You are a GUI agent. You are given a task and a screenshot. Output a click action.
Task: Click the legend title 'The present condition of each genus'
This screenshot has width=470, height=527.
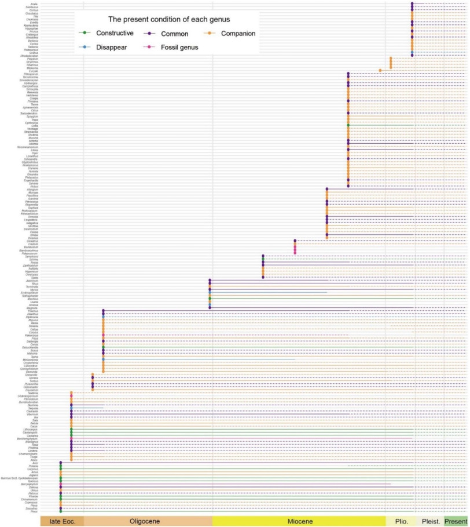pos(165,20)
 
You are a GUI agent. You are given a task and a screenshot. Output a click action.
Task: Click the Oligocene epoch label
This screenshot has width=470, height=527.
pos(148,521)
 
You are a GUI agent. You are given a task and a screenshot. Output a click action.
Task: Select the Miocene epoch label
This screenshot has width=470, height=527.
pos(299,521)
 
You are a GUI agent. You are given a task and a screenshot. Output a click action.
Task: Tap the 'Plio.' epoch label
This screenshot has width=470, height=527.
pos(402,521)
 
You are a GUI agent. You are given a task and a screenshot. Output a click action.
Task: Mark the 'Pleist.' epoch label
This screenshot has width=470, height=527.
pos(430,521)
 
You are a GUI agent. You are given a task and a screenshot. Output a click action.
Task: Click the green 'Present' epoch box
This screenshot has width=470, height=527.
pos(456,521)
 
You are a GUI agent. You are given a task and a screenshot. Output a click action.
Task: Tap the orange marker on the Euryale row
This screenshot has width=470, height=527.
pos(380,70)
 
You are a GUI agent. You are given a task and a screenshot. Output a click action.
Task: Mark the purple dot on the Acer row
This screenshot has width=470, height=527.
pos(61,462)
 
